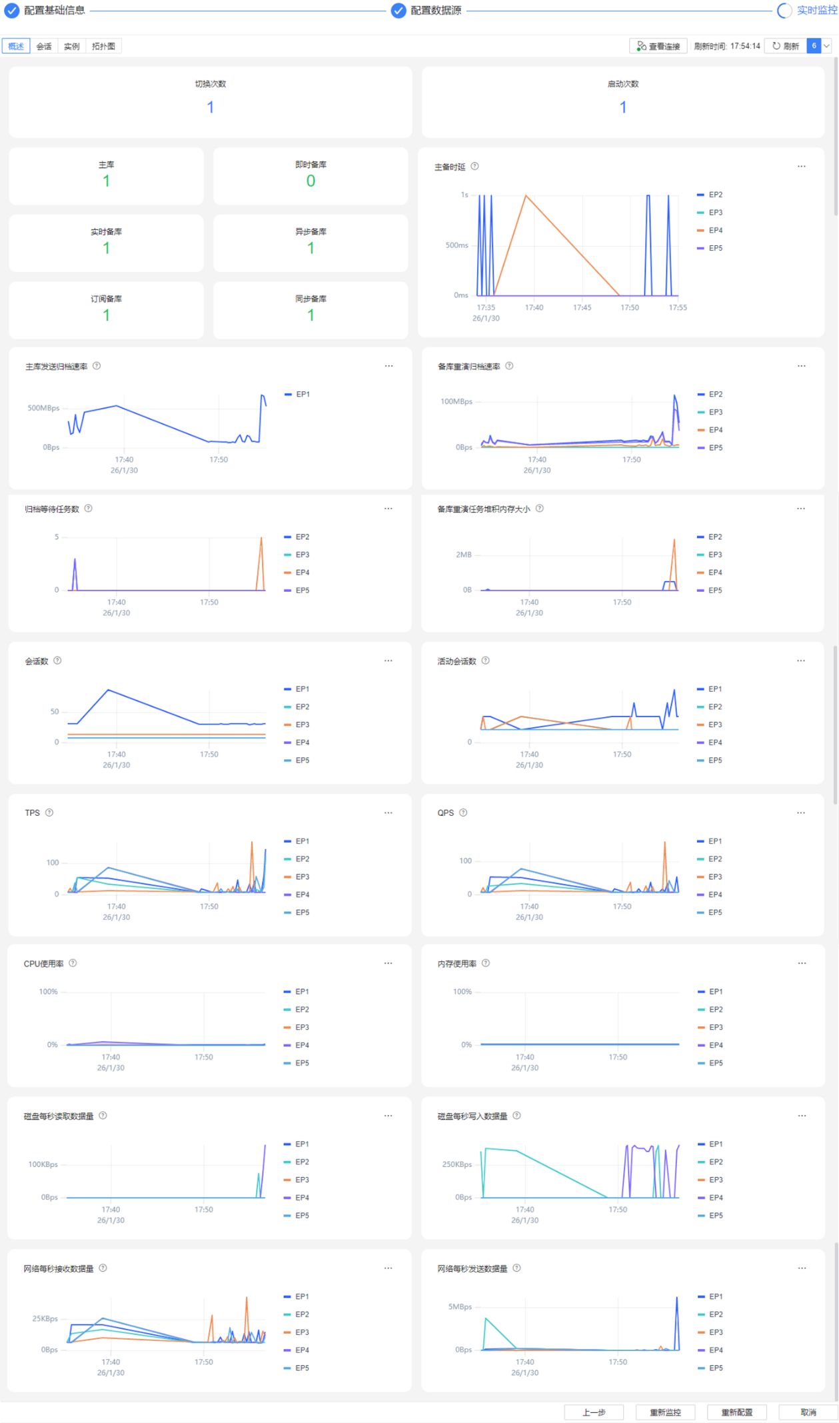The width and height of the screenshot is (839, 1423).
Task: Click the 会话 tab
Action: click(x=44, y=46)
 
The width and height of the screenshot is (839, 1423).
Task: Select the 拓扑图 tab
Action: click(x=103, y=46)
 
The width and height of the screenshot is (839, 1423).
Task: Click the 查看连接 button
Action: click(x=658, y=46)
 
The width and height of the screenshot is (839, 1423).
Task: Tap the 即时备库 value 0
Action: click(x=311, y=181)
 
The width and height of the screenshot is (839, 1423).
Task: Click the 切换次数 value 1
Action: click(x=210, y=107)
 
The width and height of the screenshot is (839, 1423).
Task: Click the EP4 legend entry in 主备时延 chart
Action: click(x=710, y=230)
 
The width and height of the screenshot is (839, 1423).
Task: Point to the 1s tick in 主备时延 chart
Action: click(x=464, y=195)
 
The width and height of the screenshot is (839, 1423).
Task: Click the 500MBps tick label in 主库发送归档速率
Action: click(x=43, y=408)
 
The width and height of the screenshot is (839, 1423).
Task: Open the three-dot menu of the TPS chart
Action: click(x=389, y=812)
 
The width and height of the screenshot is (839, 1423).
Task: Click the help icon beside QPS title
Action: click(x=463, y=812)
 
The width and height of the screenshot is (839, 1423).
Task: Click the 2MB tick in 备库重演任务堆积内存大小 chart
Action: click(x=464, y=555)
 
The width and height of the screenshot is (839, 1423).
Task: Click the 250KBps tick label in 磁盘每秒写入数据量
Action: click(x=457, y=1164)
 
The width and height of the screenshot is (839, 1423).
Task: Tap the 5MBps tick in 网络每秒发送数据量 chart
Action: click(x=460, y=1306)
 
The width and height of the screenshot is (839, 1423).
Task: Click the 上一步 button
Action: click(x=594, y=1412)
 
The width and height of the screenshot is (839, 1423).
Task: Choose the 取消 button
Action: click(x=808, y=1412)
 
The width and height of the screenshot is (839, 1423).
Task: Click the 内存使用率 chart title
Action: click(x=457, y=964)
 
